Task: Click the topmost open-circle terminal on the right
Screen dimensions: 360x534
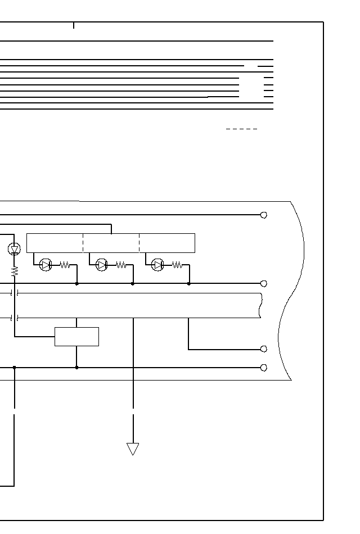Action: coord(263,215)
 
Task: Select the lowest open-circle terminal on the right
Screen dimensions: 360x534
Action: coord(263,368)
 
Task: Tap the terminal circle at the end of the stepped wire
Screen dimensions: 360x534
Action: coord(263,349)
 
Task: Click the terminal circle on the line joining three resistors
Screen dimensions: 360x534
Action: coord(263,284)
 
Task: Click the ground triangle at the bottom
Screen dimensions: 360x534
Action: coord(133,449)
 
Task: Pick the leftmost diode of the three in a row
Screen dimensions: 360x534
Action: coord(46,265)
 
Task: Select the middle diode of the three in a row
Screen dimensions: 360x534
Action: coord(101,265)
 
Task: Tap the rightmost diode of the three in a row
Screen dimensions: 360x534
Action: coord(157,265)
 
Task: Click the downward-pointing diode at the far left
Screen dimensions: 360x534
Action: coord(15,249)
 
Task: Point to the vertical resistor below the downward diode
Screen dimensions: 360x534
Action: coord(15,271)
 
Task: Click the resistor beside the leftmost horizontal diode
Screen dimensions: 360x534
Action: coord(65,265)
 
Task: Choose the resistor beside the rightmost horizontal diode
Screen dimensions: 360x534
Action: coord(177,265)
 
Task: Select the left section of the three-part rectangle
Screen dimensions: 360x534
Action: coord(55,243)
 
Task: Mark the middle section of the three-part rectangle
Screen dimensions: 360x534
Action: coord(111,243)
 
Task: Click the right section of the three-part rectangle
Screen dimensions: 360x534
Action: coord(167,243)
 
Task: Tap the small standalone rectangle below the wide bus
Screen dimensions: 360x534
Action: coord(76,336)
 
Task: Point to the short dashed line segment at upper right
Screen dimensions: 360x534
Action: coord(241,129)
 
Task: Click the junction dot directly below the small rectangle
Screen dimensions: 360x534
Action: coord(76,368)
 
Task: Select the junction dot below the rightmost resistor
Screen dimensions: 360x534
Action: coord(188,284)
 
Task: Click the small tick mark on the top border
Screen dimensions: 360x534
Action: coord(73,25)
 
